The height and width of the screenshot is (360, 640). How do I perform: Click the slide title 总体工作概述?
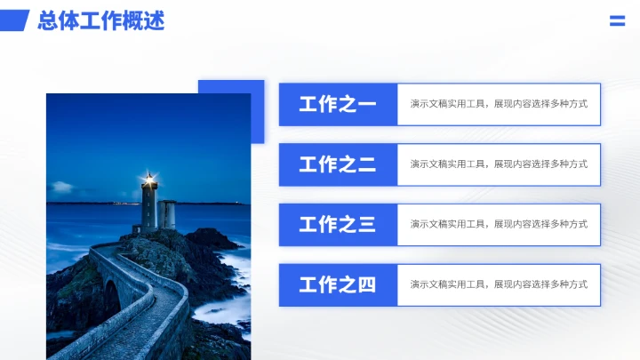(100, 20)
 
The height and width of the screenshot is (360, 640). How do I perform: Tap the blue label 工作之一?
(338, 104)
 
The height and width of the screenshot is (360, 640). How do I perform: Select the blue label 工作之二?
(338, 164)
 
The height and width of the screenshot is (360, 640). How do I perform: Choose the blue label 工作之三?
(338, 225)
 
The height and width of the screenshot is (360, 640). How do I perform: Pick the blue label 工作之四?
(338, 285)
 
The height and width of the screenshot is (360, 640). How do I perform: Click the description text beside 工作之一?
(499, 104)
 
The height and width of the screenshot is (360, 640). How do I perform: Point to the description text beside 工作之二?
(499, 164)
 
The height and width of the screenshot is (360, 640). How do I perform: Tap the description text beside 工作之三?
(499, 225)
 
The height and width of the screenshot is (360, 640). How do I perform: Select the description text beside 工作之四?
(499, 285)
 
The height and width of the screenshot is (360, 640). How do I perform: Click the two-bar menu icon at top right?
(617, 21)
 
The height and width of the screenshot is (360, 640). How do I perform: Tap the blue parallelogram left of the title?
(15, 20)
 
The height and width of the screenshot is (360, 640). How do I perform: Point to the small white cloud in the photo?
(62, 187)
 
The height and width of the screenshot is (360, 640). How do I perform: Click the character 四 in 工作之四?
(366, 285)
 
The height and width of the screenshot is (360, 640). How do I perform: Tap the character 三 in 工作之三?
(366, 225)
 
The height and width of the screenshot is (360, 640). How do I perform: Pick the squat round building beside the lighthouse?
(166, 214)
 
